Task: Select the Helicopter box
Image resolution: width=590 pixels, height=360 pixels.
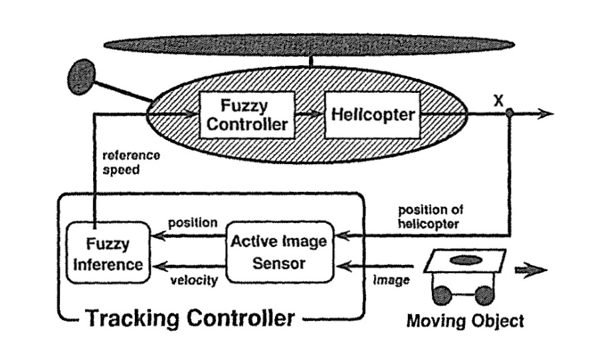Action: click(x=372, y=114)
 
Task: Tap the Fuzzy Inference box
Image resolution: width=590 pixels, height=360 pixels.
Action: click(x=107, y=254)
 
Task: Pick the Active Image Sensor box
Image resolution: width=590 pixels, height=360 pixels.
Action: click(x=279, y=252)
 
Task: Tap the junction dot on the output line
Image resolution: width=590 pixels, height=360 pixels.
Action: click(x=509, y=114)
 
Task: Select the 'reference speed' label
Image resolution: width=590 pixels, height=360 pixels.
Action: click(x=130, y=162)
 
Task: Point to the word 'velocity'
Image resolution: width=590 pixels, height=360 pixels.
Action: click(x=193, y=280)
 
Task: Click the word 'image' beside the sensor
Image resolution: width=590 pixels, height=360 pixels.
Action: click(x=391, y=280)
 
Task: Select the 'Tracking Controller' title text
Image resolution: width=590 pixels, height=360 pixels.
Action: click(x=190, y=318)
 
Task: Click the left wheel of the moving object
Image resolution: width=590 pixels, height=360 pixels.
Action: click(x=444, y=293)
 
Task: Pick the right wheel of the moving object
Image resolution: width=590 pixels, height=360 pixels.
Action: click(x=485, y=293)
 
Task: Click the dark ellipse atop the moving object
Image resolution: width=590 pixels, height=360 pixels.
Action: click(x=465, y=260)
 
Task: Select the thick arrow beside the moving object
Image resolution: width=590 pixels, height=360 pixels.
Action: click(x=532, y=270)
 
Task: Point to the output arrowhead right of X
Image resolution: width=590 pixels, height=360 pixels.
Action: click(x=545, y=114)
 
